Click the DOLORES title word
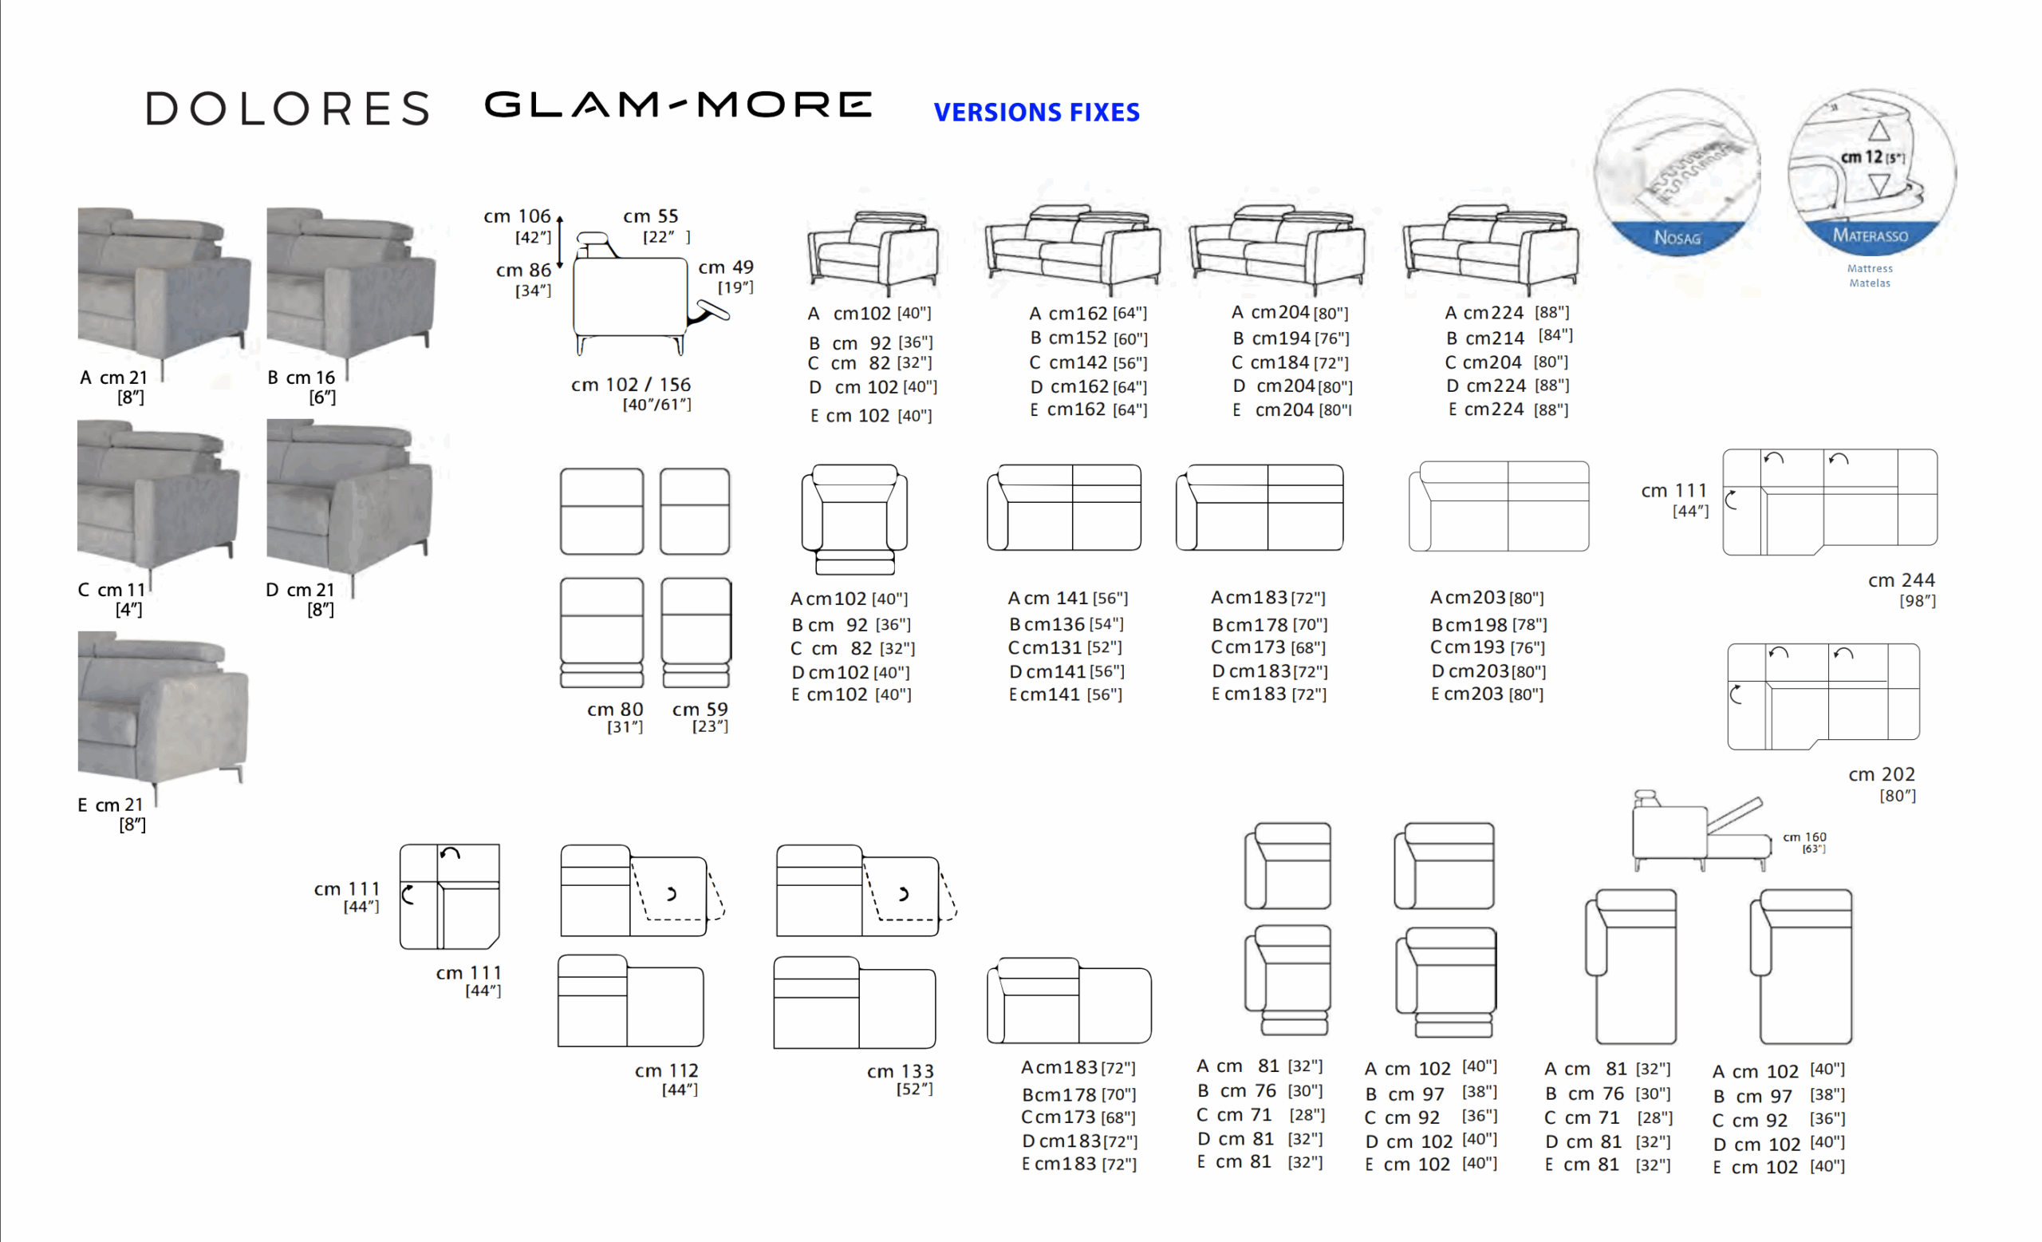(288, 109)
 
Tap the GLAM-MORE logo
(678, 105)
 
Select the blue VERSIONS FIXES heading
(1037, 112)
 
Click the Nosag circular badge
(1677, 172)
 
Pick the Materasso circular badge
(1871, 171)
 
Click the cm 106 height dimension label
(517, 226)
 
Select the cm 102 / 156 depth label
(631, 394)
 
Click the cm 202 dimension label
(1882, 785)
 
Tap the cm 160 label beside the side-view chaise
(1805, 842)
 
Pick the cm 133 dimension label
(901, 1079)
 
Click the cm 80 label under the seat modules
(616, 717)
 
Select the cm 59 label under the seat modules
(700, 717)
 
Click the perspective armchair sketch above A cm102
(873, 252)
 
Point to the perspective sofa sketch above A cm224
(1491, 249)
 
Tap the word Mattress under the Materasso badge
(1871, 269)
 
